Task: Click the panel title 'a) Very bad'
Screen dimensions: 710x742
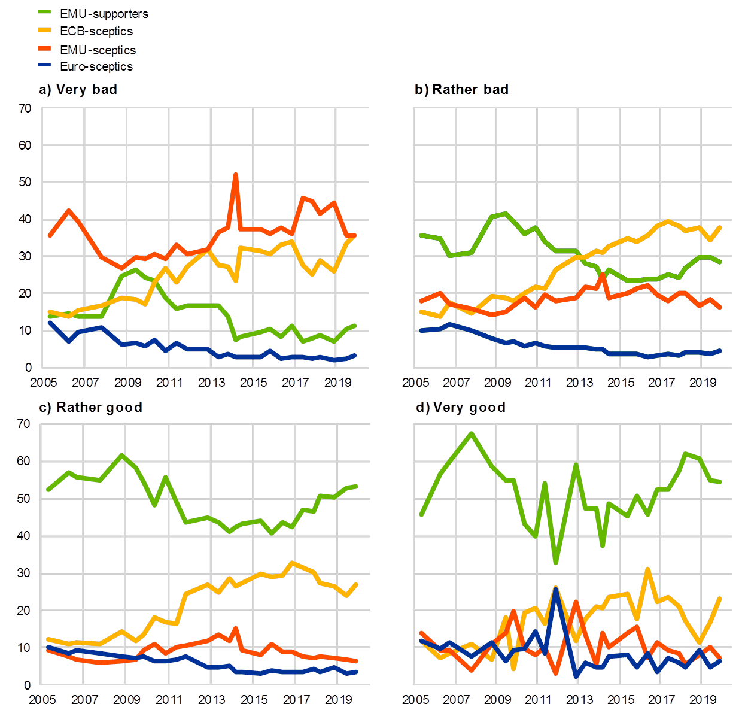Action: [x=77, y=90]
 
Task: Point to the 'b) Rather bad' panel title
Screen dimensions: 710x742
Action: [x=461, y=90]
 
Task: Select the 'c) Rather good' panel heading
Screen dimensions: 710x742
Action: [x=90, y=408]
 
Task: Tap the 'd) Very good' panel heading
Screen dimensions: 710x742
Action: [x=460, y=408]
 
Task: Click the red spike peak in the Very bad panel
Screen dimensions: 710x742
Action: [x=235, y=175]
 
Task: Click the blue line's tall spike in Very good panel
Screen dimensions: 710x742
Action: [x=556, y=589]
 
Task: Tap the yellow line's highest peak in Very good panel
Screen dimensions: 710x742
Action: [x=647, y=569]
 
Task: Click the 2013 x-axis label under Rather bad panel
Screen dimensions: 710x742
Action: [x=579, y=382]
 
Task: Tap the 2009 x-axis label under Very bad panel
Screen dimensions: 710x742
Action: [x=127, y=382]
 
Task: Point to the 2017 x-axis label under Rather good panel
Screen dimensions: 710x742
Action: [x=294, y=699]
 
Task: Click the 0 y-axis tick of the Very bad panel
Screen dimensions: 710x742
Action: [x=28, y=367]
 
